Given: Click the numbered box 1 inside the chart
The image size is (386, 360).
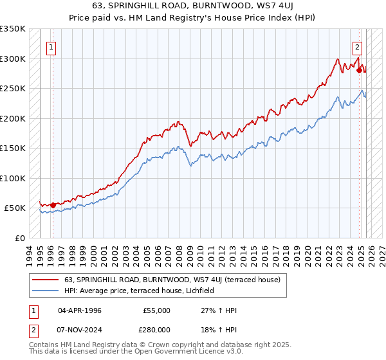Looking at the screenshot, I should [x=50, y=46].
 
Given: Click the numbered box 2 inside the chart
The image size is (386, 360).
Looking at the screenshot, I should [x=357, y=46].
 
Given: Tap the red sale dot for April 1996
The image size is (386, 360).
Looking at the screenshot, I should [x=53, y=205].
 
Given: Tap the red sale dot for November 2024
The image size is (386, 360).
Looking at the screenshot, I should [x=359, y=71].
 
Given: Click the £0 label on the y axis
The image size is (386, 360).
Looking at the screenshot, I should [x=19, y=238].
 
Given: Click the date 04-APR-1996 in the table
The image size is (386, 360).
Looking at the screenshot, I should [x=79, y=310].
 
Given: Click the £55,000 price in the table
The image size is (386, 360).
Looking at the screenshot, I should [x=156, y=310].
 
